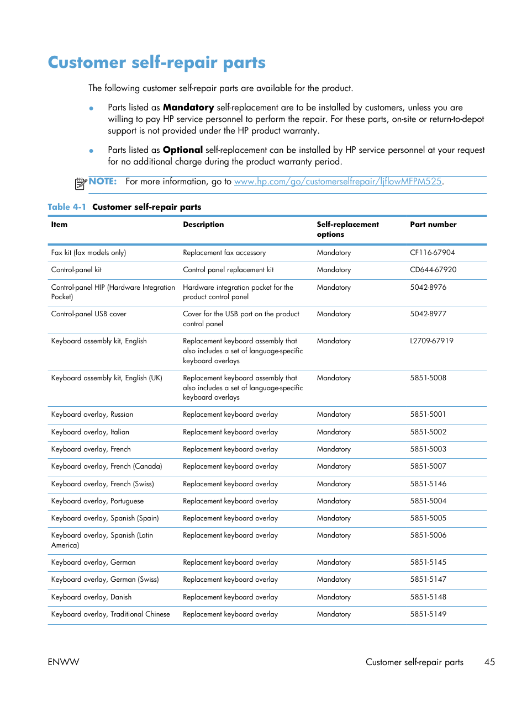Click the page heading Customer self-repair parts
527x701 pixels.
(156, 62)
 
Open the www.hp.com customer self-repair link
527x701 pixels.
(338, 182)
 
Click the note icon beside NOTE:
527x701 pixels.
(81, 183)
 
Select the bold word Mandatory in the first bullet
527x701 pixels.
(188, 108)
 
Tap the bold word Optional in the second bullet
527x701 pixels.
(182, 150)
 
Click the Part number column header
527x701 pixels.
(433, 225)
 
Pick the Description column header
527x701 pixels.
(203, 225)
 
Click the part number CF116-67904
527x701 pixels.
(432, 253)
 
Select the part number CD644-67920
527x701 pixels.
(433, 270)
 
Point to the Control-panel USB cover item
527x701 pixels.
(88, 314)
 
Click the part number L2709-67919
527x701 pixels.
(431, 341)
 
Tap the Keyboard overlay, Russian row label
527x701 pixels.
(92, 415)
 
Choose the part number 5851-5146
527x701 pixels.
(428, 484)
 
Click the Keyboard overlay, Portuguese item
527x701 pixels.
(97, 501)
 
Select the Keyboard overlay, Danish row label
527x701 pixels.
(91, 597)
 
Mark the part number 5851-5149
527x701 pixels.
(428, 614)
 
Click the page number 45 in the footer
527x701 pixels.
(489, 662)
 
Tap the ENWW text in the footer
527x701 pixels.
(64, 662)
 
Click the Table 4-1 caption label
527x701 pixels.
(67, 207)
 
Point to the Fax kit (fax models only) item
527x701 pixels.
(88, 253)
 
